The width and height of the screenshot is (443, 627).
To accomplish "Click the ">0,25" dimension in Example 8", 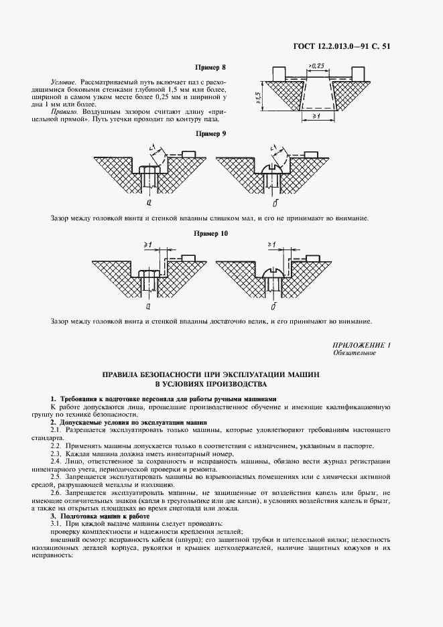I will [x=317, y=65].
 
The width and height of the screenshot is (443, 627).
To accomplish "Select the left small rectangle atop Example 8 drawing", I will [x=280, y=72].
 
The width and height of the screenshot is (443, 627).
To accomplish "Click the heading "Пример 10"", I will [x=211, y=233].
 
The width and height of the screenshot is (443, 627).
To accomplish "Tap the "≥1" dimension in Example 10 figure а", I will [x=148, y=245].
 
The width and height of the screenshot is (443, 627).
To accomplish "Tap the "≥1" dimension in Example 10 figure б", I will [x=273, y=245].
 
